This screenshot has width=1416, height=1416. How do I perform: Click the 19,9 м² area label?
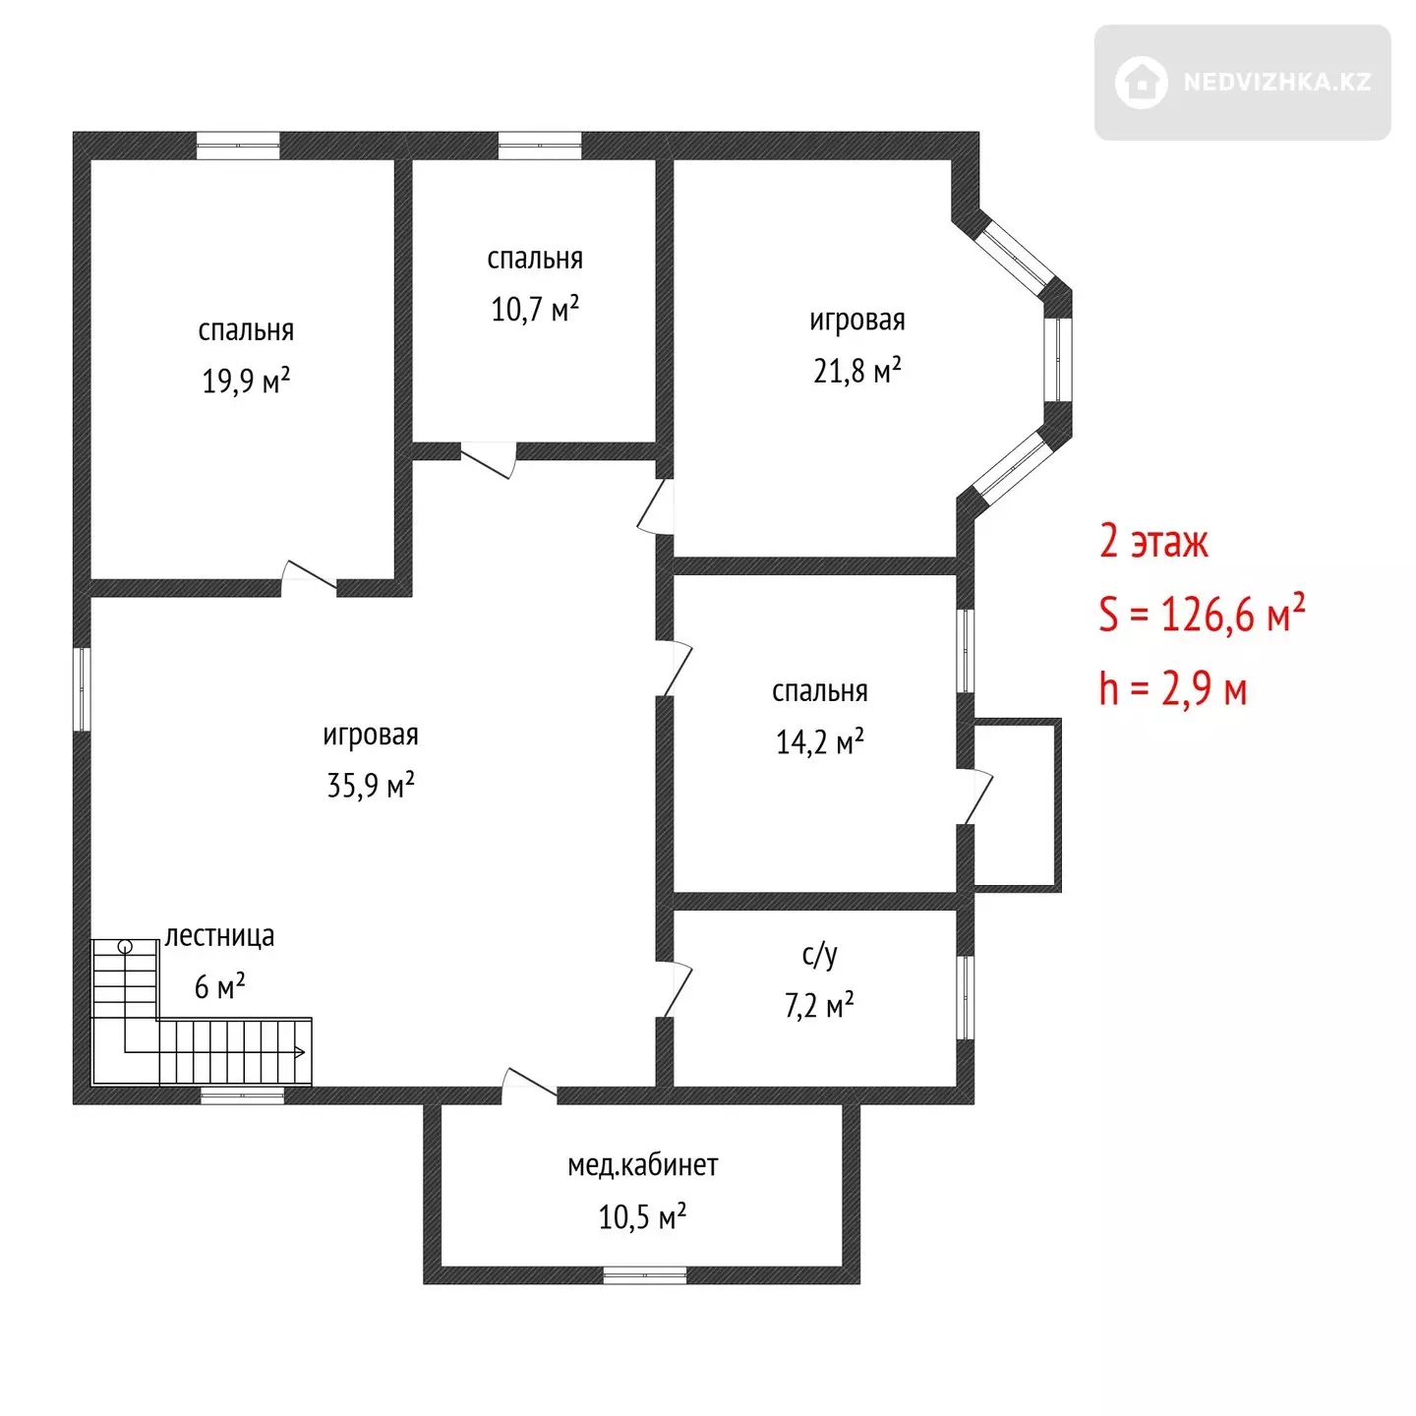(x=246, y=381)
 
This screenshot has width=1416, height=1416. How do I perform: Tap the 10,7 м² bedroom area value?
(x=534, y=309)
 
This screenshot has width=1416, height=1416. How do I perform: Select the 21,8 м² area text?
(x=856, y=371)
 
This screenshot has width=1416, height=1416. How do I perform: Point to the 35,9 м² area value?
(x=371, y=785)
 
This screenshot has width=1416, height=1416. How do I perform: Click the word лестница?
(x=219, y=936)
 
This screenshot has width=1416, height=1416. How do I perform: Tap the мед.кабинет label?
(x=642, y=1165)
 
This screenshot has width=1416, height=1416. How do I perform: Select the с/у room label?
(x=819, y=954)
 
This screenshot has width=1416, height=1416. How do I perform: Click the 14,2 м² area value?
(x=819, y=742)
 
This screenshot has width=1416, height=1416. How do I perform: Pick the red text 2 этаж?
(x=1152, y=542)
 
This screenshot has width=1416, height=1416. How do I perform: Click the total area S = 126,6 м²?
(x=1202, y=614)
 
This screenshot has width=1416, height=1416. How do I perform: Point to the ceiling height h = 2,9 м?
(x=1173, y=688)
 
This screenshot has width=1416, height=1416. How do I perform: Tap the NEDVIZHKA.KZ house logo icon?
(x=1141, y=83)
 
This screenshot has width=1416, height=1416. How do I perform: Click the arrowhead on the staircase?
(x=301, y=1051)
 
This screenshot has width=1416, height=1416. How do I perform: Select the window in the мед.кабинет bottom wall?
(x=644, y=1275)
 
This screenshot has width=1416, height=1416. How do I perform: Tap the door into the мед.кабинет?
(x=529, y=1086)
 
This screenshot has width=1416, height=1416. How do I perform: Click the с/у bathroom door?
(x=674, y=989)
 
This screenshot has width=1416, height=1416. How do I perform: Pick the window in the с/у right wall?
(x=965, y=996)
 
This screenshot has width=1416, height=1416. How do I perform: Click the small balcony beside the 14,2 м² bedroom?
(x=1017, y=805)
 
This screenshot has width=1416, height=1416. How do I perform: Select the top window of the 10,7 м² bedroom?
(x=540, y=146)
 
